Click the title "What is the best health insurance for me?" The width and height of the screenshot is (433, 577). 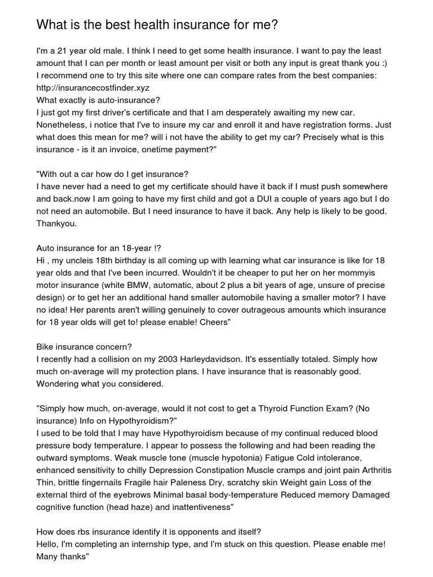point(157,24)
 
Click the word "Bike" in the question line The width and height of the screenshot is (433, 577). point(46,347)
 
